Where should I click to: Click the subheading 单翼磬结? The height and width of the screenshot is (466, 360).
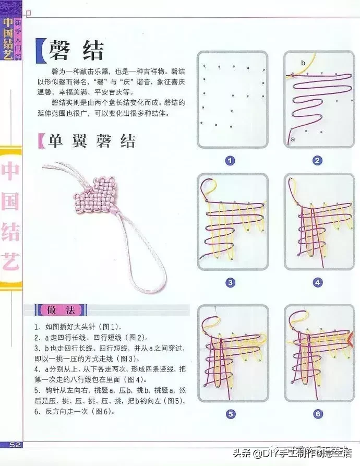coord(92,140)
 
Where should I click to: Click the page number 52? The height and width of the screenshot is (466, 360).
coord(15,445)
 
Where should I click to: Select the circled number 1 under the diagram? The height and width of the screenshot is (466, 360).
coord(230,161)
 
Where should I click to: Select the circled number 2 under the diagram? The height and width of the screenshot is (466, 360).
coord(318,161)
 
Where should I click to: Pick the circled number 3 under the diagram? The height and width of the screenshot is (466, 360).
coord(230,283)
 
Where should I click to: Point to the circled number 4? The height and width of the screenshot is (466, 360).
coord(318,283)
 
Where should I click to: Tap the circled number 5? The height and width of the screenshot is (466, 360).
coord(230,414)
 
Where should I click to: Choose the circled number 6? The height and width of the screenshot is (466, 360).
coord(318,414)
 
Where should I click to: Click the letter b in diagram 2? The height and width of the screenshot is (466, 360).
coord(303,63)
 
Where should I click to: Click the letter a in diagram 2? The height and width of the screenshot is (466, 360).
coord(293,139)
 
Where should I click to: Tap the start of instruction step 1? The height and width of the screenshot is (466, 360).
coord(37,327)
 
